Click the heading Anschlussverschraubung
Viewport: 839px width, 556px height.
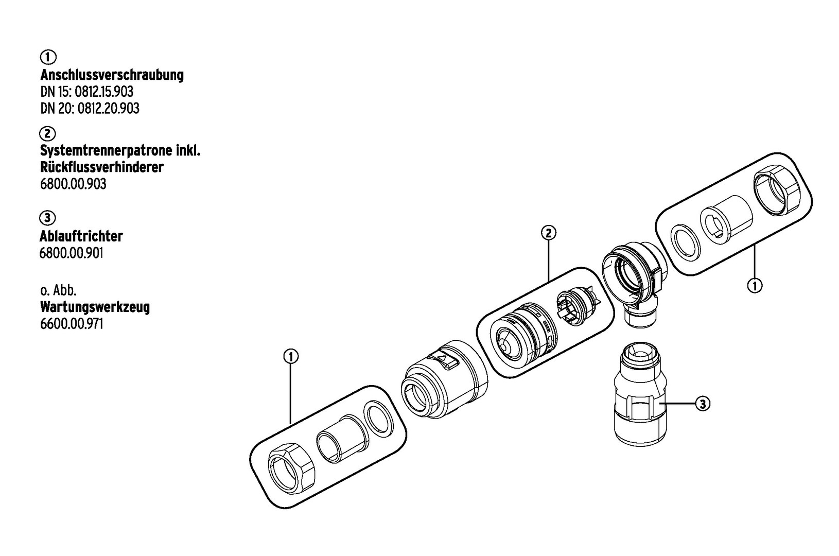click(x=112, y=75)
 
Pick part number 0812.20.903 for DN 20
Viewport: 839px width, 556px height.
click(x=108, y=109)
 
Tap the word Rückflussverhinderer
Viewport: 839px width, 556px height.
click(x=102, y=167)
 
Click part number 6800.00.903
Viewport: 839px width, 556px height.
click(x=73, y=184)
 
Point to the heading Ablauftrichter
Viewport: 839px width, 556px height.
click(x=81, y=236)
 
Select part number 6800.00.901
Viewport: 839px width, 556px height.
click(x=71, y=254)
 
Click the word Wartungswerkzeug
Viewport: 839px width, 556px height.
click(x=95, y=307)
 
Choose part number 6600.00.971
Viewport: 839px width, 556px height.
click(x=72, y=324)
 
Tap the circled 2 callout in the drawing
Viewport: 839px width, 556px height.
click(x=549, y=233)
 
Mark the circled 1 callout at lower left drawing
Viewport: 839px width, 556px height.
click(x=291, y=356)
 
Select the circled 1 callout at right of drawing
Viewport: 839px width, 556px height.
click(x=755, y=286)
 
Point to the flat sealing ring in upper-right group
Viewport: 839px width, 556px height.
click(x=687, y=242)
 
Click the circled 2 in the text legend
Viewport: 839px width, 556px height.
click(x=47, y=133)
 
